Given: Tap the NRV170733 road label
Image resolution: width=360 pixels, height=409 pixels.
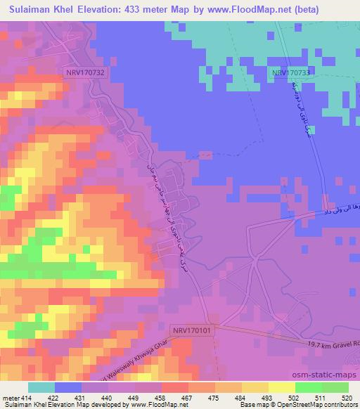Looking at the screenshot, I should pyautogui.click(x=292, y=72).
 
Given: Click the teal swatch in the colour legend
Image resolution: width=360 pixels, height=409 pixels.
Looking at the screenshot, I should pyautogui.click(x=41, y=387).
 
